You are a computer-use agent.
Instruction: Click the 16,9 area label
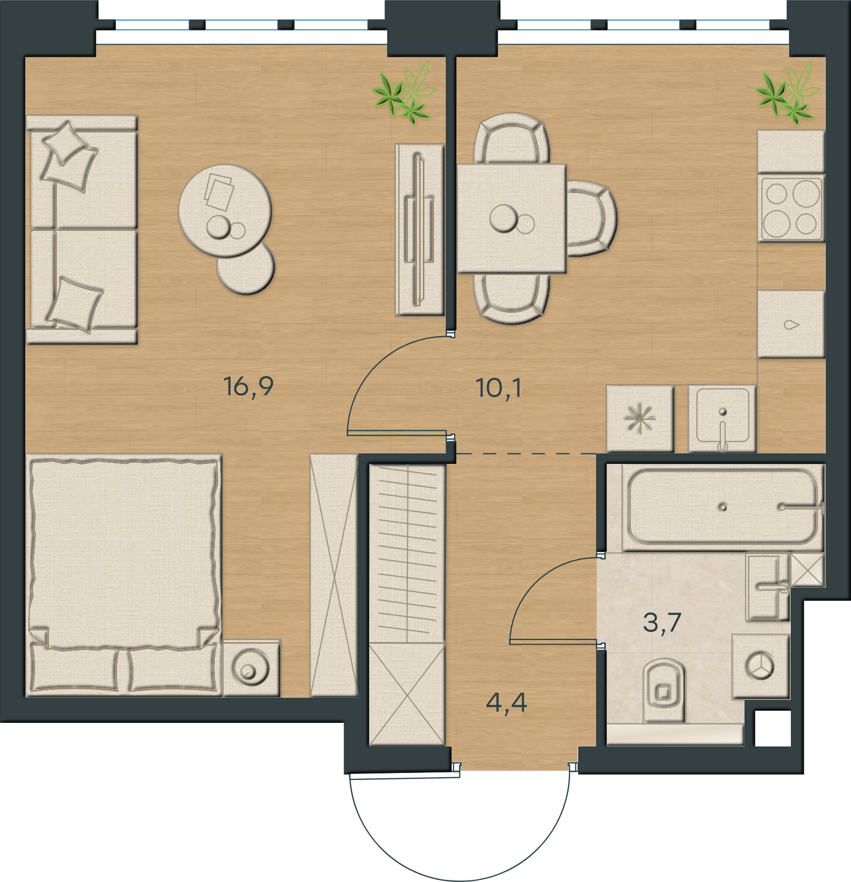248,386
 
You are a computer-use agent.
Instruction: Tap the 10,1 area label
498,388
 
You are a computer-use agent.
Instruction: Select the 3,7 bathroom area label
662,622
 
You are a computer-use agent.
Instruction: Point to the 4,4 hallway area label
506,702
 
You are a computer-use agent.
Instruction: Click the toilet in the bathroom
664,689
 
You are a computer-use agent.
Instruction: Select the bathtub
722,506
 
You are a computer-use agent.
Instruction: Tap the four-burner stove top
791,208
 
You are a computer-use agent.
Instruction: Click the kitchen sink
722,419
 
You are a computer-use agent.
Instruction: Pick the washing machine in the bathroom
761,666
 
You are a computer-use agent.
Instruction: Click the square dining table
512,219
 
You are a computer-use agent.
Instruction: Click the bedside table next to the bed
252,668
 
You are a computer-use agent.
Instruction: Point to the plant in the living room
404,93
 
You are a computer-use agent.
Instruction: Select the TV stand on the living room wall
420,230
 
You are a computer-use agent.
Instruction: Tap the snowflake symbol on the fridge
640,419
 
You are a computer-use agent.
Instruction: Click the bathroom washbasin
767,587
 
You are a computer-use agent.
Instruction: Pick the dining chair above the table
512,138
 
